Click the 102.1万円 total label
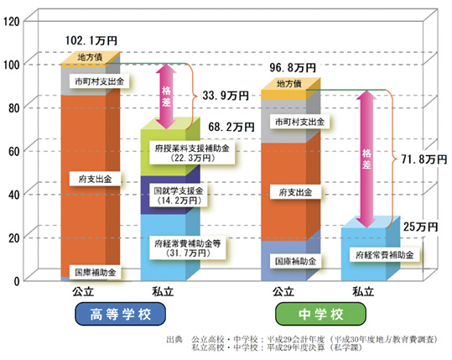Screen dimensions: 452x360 91,40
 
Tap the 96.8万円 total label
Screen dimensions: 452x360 293,68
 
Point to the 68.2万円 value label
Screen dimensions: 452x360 231,127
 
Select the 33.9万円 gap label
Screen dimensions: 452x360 226,96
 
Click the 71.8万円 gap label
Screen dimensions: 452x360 424,159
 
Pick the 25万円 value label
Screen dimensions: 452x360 421,227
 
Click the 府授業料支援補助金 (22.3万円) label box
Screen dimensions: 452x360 192,153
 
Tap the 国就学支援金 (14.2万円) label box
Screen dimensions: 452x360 179,196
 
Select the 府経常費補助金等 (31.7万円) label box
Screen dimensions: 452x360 188,248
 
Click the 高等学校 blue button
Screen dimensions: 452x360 120,314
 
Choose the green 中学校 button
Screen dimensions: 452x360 320,314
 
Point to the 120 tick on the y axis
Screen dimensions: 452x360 11,22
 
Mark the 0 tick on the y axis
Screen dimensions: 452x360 17,281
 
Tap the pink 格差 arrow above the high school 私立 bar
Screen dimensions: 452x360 166,97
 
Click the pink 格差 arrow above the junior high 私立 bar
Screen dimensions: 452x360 366,159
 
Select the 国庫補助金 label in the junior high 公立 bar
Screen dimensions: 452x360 295,261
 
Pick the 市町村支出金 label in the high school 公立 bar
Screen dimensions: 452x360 99,81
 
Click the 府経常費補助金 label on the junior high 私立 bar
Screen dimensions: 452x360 384,255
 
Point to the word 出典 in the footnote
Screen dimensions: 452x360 174,340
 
